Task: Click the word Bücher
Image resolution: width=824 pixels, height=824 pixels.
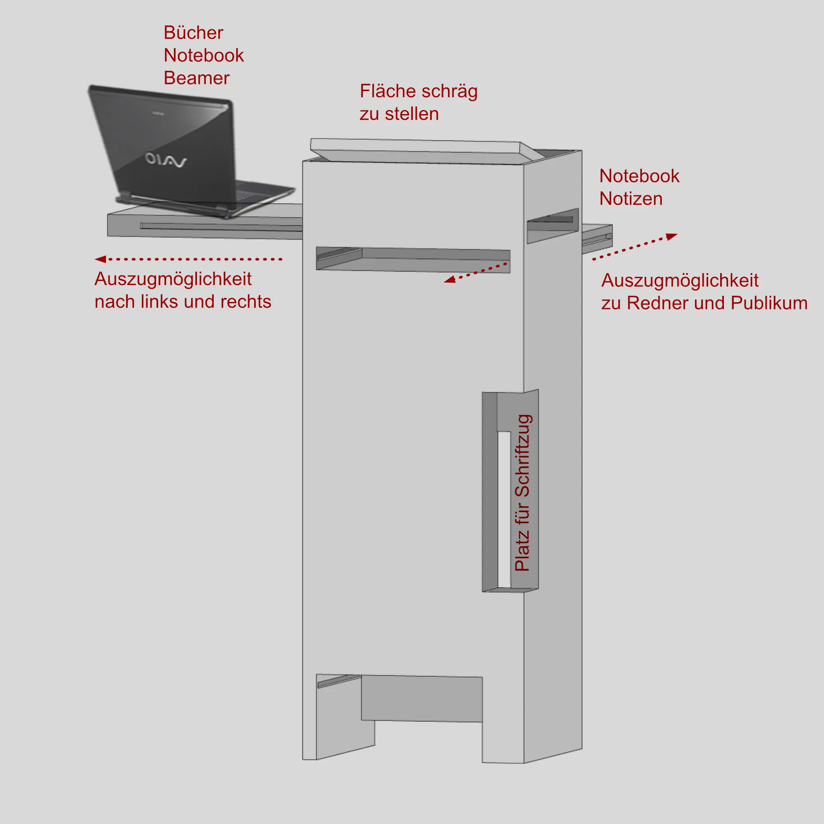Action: [x=193, y=33]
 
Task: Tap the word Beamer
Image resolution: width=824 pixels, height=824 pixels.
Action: [x=196, y=78]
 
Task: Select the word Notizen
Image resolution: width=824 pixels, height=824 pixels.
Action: [x=630, y=199]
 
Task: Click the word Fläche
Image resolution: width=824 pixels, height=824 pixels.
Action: [x=387, y=91]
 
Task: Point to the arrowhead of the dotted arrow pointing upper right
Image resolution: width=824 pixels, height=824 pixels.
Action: [x=672, y=236]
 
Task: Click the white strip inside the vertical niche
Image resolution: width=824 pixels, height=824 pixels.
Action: [x=504, y=510]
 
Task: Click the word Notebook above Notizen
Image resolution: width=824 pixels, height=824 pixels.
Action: [x=639, y=176]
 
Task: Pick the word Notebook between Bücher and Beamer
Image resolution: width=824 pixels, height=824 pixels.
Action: [x=204, y=56]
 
